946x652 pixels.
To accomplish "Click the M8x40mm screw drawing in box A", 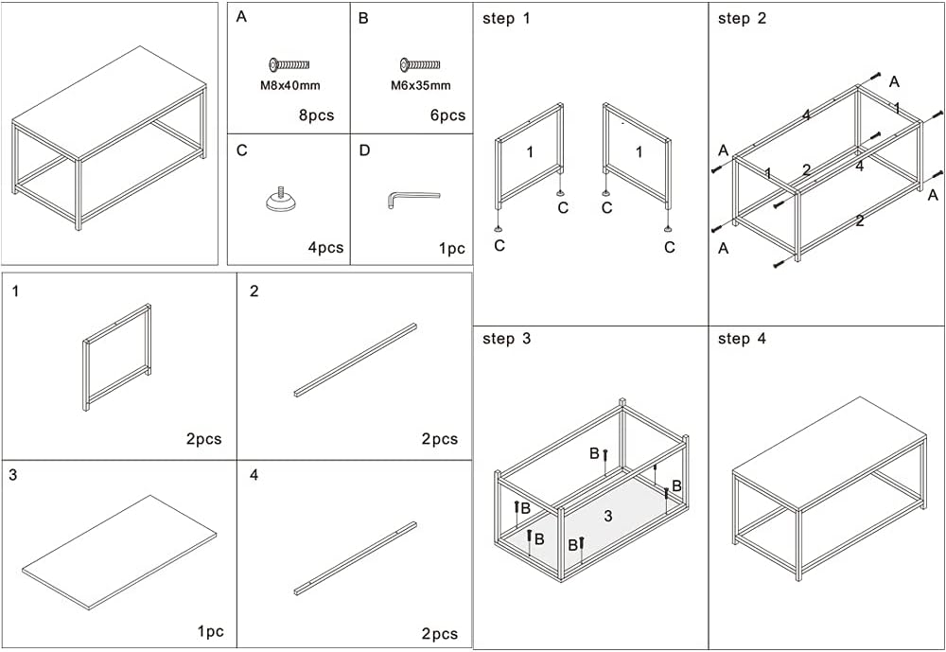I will point(289,64).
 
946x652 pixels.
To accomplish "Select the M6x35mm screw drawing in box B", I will point(420,64).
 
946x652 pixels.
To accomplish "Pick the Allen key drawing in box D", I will point(412,199).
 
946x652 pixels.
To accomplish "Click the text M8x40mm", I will point(290,85).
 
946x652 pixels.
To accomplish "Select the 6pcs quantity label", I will point(446,115).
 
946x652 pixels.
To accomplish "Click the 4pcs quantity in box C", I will point(325,248).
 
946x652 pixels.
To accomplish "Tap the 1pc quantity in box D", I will point(451,248).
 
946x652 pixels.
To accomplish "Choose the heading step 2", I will point(742,19).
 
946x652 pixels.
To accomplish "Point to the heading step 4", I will point(742,339).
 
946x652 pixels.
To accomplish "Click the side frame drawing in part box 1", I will point(117,357).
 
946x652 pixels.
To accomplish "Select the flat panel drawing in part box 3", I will point(119,551).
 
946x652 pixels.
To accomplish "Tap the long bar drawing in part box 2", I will point(355,360).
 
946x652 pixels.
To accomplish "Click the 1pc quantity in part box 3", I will point(209,631).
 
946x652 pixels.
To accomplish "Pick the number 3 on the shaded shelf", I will point(608,516).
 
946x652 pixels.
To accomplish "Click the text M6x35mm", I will point(420,85).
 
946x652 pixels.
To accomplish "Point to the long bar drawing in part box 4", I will point(355,558).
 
